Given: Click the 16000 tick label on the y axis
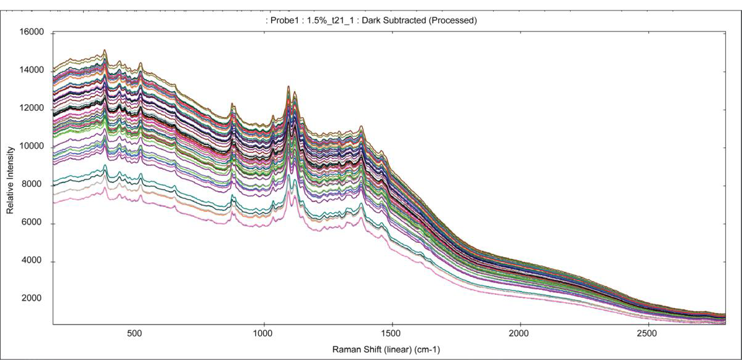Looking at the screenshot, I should [x=31, y=33].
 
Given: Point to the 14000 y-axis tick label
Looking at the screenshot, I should [x=31, y=71].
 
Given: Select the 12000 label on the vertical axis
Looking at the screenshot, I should [x=31, y=109].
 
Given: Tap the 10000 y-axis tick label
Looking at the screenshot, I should [x=31, y=147].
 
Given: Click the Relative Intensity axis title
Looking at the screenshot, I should [x=10, y=179].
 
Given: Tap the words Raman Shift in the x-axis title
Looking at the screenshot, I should [x=354, y=350].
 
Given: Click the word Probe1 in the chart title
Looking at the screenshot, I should [x=283, y=20].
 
